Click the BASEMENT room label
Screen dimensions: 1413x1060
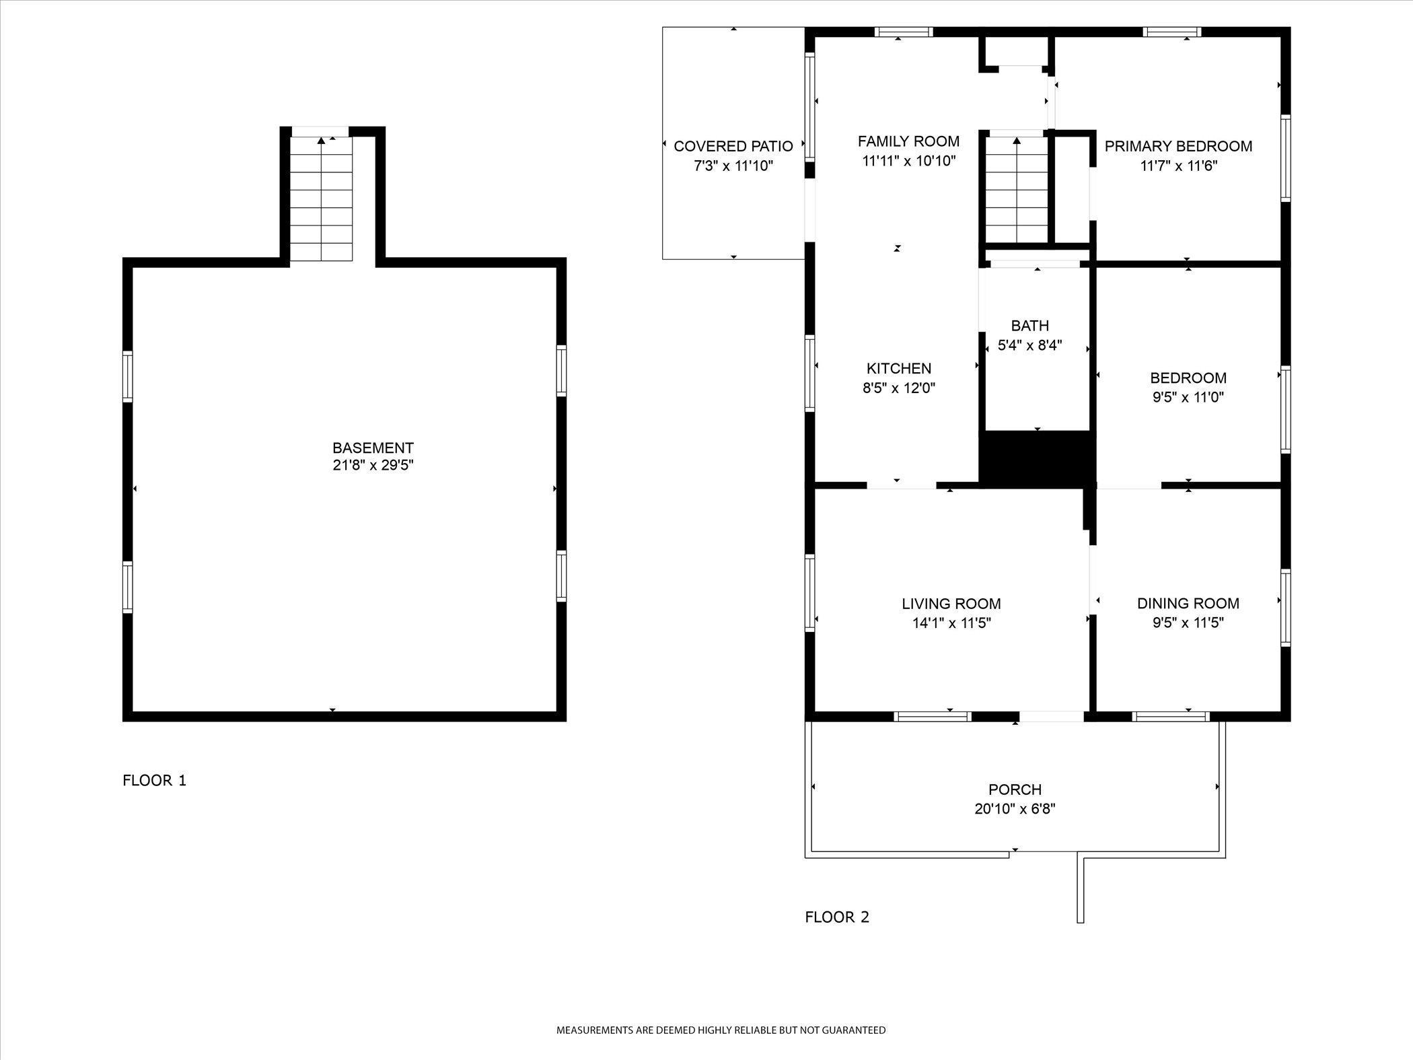click(x=373, y=448)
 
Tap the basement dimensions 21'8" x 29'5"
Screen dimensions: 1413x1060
click(x=373, y=465)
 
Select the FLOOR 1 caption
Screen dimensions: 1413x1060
click(x=154, y=781)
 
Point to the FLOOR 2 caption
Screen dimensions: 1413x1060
click(x=837, y=917)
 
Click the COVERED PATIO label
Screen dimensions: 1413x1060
click(x=733, y=146)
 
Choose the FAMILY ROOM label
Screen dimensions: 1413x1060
click(x=908, y=141)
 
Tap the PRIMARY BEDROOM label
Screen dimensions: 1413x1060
click(x=1178, y=146)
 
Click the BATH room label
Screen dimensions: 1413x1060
click(x=1029, y=326)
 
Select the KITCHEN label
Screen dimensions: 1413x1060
click(x=899, y=368)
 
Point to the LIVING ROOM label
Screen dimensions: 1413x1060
click(x=951, y=604)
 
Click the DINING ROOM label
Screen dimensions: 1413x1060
click(x=1188, y=604)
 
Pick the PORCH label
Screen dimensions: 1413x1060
click(x=1015, y=789)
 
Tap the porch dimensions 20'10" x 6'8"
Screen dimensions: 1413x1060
click(x=1015, y=808)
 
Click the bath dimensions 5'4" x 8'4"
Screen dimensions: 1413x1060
click(x=1029, y=346)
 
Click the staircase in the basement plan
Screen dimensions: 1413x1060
click(x=321, y=199)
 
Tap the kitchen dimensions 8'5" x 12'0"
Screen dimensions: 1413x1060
click(x=899, y=388)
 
